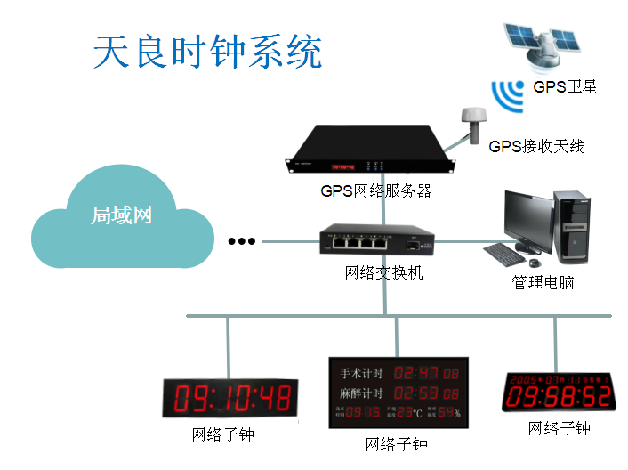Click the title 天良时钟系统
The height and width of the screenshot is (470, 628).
207,53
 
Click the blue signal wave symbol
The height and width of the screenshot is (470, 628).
509,93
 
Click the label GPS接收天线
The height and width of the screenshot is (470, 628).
536,146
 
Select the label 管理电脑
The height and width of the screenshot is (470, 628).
543,283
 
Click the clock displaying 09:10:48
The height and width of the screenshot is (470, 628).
227,398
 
